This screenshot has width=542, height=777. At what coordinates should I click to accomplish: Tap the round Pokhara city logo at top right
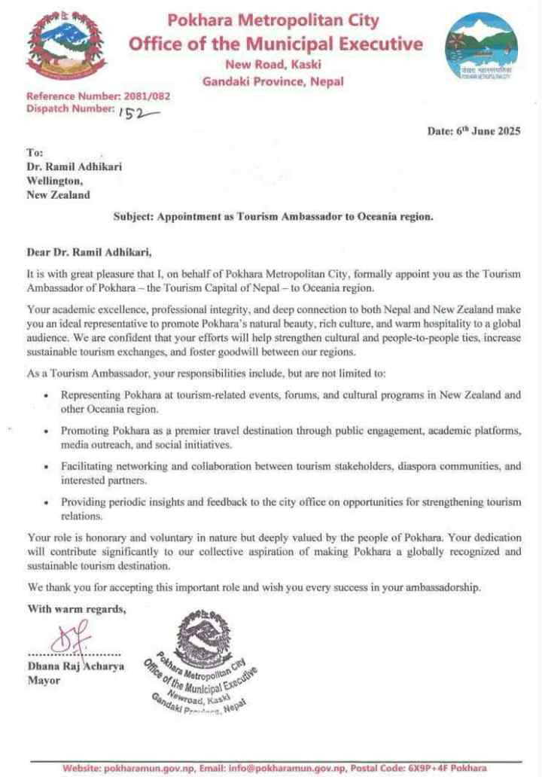(482, 47)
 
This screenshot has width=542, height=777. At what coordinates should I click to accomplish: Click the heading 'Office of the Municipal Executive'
(275, 44)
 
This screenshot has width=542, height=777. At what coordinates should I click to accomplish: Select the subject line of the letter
(273, 217)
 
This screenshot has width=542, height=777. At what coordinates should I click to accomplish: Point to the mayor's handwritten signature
(70, 636)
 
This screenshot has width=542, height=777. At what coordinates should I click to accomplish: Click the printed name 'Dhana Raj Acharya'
(76, 666)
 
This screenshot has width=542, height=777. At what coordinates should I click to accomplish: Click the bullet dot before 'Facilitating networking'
(47, 467)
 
